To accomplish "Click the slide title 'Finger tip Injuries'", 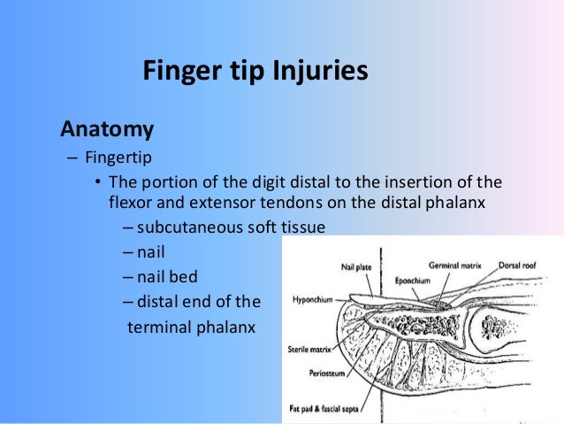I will point(255,70).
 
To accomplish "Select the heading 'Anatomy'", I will point(107,129).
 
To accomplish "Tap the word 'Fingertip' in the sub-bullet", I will point(119,160).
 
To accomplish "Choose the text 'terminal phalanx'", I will point(192,327).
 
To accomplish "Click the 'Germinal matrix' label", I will point(456,265).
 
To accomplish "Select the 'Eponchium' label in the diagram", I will point(412,281).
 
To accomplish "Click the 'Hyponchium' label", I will point(311,300).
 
